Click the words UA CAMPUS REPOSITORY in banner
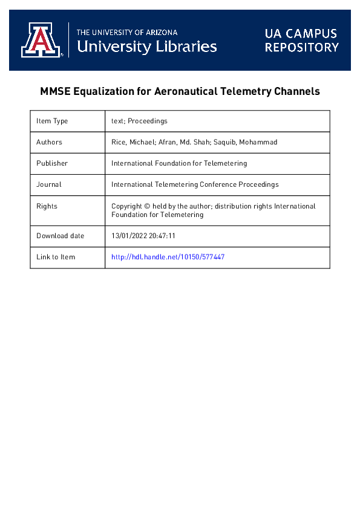pyautogui.click(x=301, y=40)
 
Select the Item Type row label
pyautogui.click(x=52, y=121)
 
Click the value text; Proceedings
pyautogui.click(x=139, y=121)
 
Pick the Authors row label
pyautogui.click(x=49, y=142)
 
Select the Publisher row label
pyautogui.click(x=52, y=163)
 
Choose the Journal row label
pyautogui.click(x=48, y=184)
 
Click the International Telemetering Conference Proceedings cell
pyautogui.click(x=195, y=184)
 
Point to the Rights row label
pyautogui.click(x=47, y=206)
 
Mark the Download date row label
pyautogui.click(x=61, y=236)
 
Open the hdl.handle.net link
pyautogui.click(x=168, y=257)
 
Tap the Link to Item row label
pyautogui.click(x=56, y=257)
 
